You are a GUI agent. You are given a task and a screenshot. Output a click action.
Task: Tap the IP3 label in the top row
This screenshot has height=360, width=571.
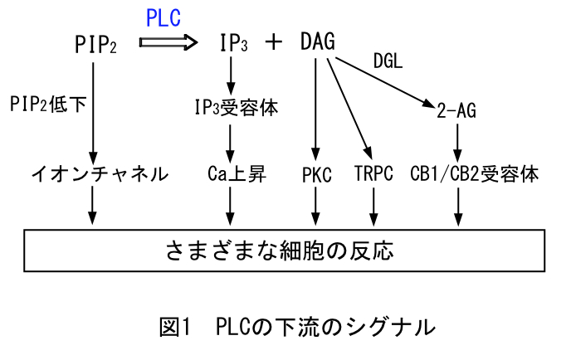click(233, 43)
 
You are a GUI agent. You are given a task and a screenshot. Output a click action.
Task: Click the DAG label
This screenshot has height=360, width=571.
click(317, 42)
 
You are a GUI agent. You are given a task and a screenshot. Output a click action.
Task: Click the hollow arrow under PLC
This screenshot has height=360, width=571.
click(169, 41)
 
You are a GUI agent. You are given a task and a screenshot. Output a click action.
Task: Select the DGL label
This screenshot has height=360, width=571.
click(388, 63)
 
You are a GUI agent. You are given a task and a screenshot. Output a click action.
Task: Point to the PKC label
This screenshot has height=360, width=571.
click(316, 175)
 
